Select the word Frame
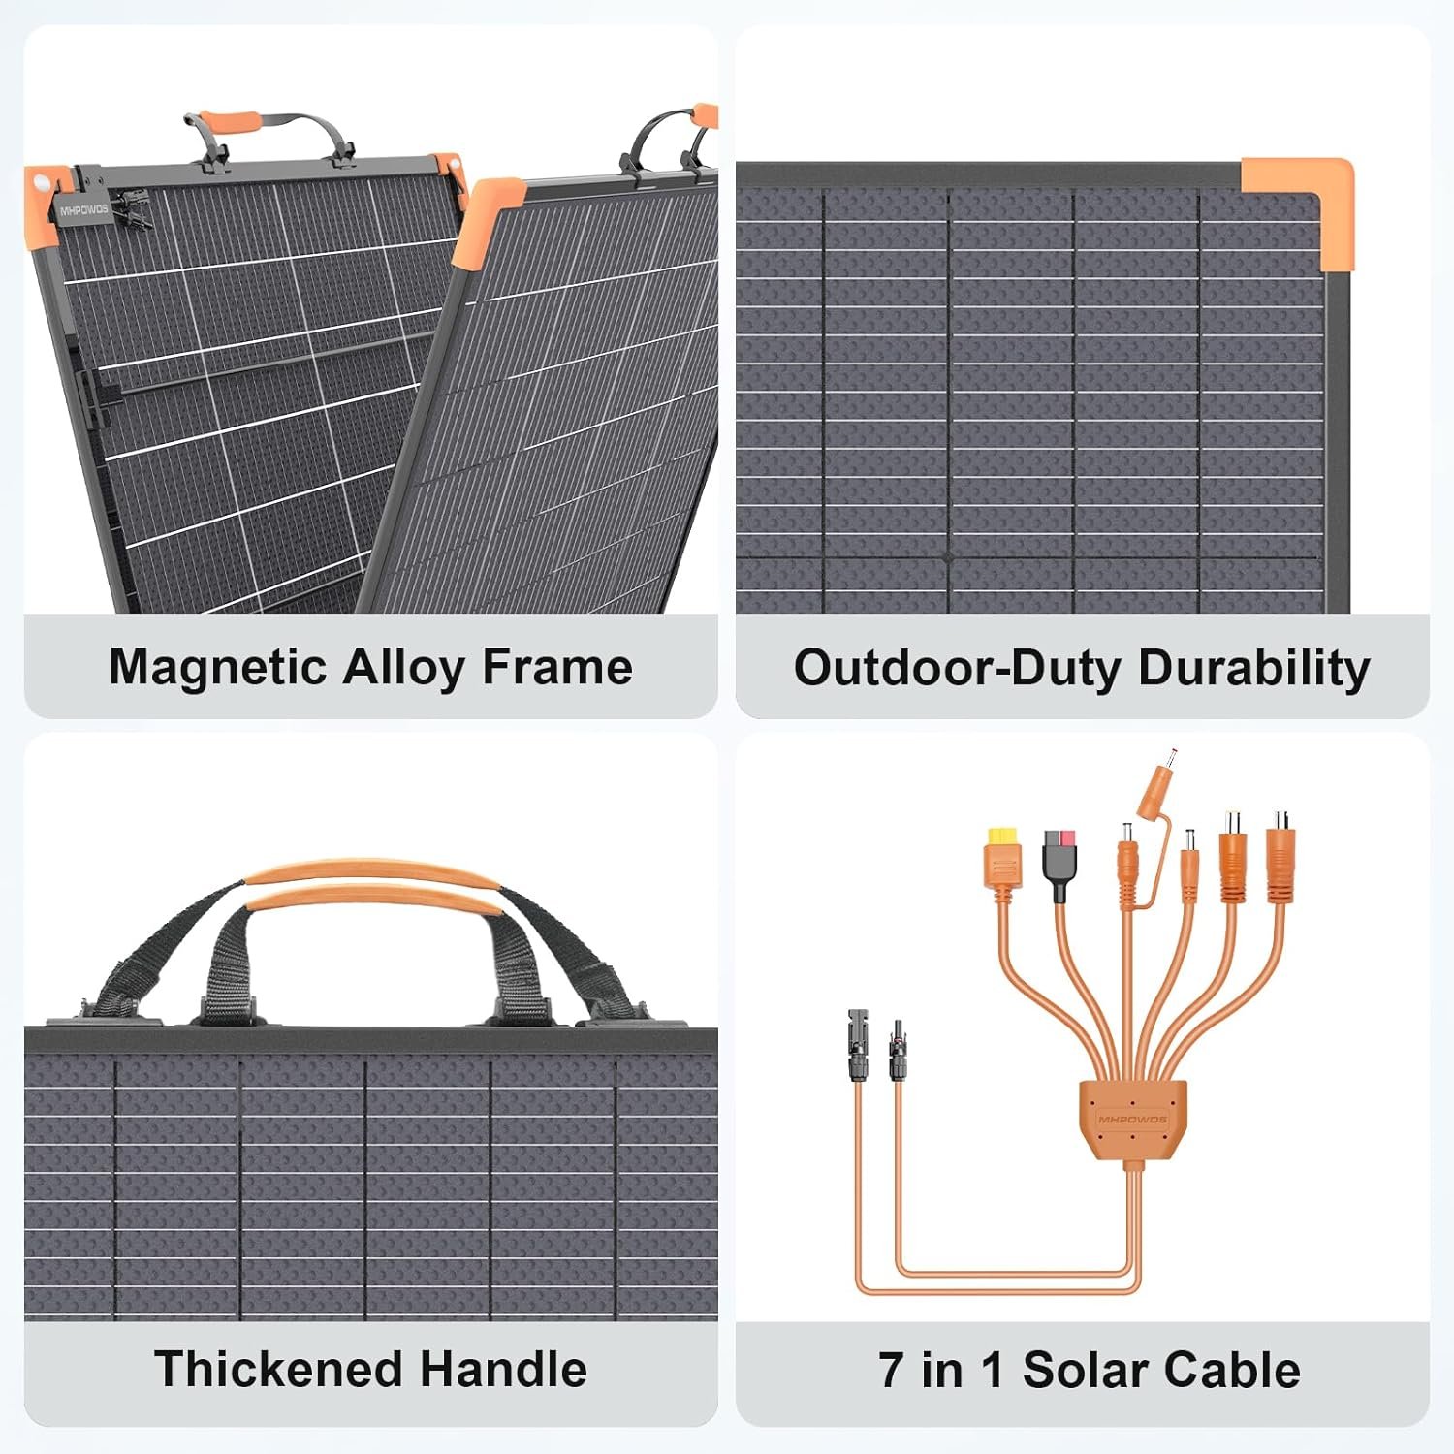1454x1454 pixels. [556, 668]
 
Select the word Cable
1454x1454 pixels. [1231, 1371]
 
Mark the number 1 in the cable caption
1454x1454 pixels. [991, 1371]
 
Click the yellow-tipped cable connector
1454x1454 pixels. [1003, 858]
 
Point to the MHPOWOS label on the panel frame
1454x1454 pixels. [84, 210]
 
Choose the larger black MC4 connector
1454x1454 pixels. [858, 1045]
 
